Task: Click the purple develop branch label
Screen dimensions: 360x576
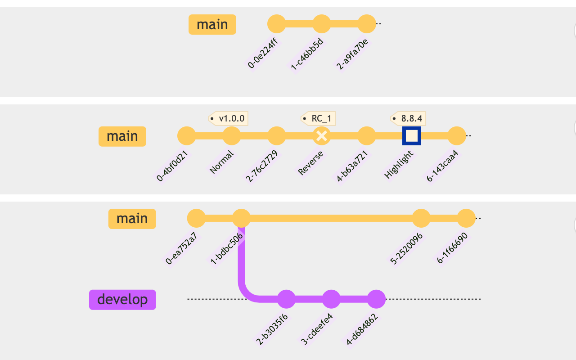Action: (x=122, y=300)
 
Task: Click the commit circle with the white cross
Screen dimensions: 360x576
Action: (x=322, y=136)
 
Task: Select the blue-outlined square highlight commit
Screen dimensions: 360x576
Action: (x=412, y=136)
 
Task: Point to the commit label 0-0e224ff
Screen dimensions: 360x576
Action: (x=263, y=54)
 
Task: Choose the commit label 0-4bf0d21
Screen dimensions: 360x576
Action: (x=172, y=166)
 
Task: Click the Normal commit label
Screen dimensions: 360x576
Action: (x=221, y=162)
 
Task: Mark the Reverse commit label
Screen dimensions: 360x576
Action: (x=310, y=163)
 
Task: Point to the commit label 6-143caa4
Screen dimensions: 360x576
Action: (x=442, y=166)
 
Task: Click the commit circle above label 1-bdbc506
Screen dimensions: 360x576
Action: (x=242, y=218)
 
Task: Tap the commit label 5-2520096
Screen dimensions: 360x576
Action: (x=406, y=248)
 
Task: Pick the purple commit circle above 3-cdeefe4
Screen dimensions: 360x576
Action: (x=331, y=299)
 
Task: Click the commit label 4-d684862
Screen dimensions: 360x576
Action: (x=362, y=329)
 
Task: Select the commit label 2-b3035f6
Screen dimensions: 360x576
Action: (x=272, y=329)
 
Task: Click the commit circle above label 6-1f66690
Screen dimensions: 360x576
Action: (x=466, y=218)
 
